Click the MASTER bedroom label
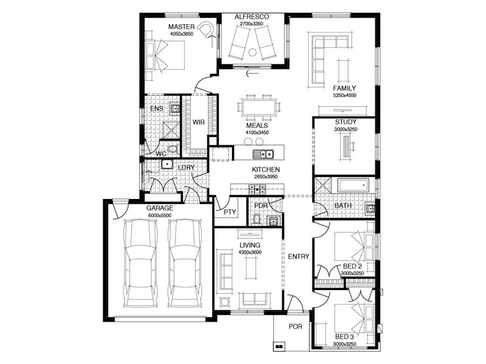point(182,27)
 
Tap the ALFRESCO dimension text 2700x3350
point(252,24)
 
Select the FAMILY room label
point(344,88)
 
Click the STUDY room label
point(346,123)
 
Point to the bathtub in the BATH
point(353,185)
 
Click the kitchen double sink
point(263,154)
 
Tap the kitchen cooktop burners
point(257,189)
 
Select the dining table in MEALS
point(259,107)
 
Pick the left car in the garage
point(140,263)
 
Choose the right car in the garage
point(185,263)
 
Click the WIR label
point(199,123)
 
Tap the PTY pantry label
point(230,212)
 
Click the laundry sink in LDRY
point(167,164)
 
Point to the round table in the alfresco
point(253,53)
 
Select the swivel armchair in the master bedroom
point(207,30)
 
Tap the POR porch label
point(295,326)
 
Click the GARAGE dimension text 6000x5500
point(160,215)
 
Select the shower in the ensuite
point(171,130)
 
